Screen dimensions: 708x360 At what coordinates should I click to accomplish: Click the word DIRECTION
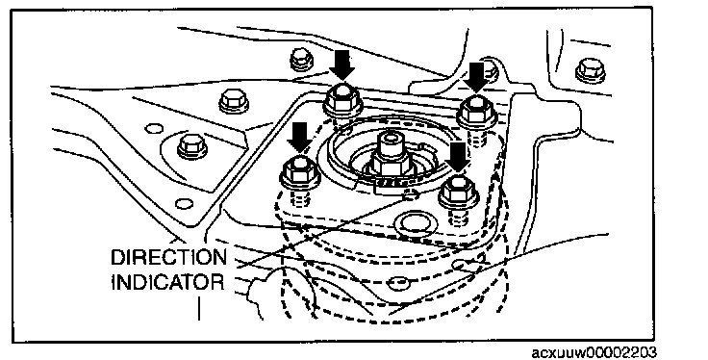coord(169,257)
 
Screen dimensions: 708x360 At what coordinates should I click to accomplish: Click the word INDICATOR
coord(167,282)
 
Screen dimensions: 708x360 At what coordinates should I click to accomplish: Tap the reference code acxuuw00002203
coord(594,352)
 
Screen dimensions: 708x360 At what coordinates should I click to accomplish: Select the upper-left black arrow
coord(341,65)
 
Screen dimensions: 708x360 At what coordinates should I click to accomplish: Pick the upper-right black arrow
coord(477,77)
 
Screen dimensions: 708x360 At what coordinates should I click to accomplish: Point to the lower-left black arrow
coord(299,138)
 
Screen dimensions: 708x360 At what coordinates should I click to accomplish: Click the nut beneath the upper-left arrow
coord(341,99)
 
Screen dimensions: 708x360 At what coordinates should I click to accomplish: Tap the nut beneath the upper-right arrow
coord(476,111)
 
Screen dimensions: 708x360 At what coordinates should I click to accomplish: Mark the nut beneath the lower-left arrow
coord(301,172)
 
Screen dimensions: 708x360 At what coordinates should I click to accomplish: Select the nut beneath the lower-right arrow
coord(459,192)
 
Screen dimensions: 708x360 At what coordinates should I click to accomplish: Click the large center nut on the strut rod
coord(390,164)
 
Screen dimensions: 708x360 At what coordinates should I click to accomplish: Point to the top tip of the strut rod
coord(392,132)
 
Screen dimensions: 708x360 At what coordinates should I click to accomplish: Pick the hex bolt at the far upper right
coord(591,71)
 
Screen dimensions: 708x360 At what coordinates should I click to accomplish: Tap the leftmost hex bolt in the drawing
coord(192,147)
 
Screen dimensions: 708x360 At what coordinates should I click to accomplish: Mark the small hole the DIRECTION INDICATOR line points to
coord(411,195)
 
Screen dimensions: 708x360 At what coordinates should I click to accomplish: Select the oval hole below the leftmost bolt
coord(184,204)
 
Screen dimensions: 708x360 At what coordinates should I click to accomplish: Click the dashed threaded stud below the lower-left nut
coord(300,198)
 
